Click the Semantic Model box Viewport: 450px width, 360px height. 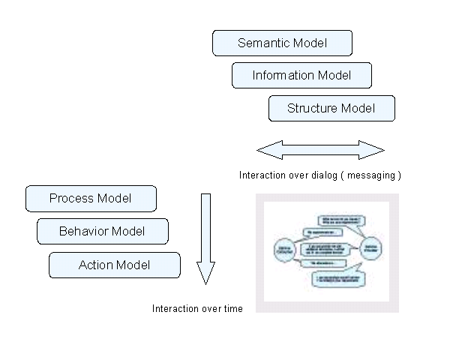point(282,43)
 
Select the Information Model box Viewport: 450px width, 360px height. point(301,76)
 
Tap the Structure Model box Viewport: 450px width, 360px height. point(331,109)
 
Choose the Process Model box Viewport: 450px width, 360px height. point(91,199)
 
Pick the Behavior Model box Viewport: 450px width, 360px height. point(102,232)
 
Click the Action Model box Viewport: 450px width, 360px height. point(114,265)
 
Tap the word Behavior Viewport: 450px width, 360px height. point(84,232)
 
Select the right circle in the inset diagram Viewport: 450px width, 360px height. point(371,247)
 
